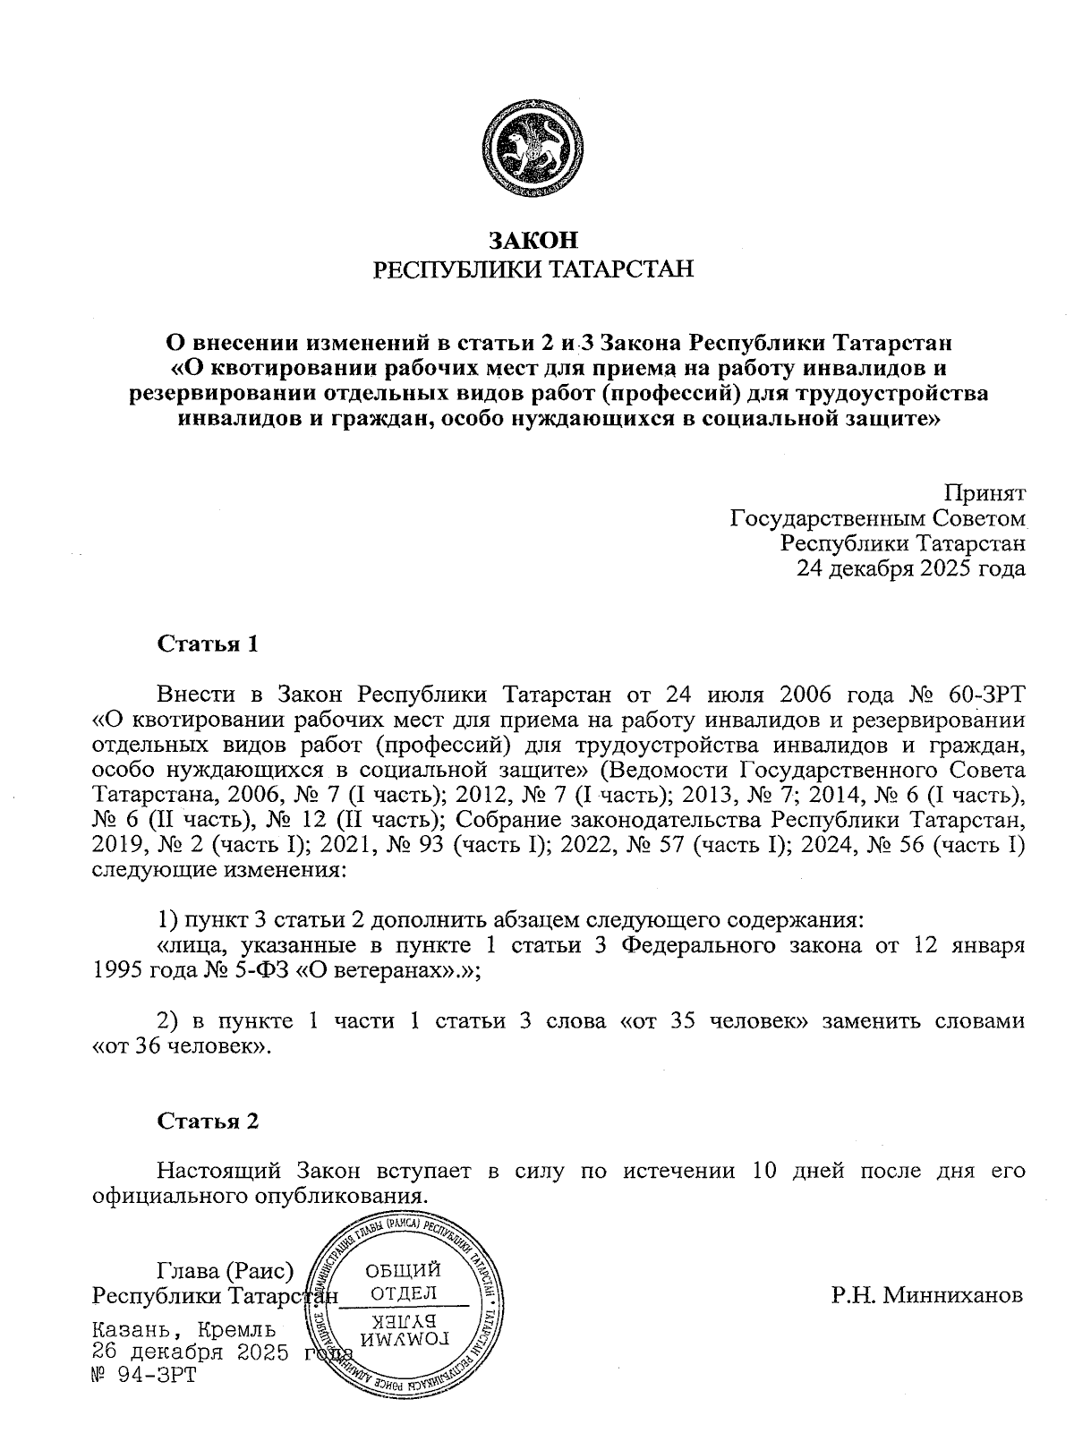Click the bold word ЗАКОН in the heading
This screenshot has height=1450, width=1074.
pyautogui.click(x=533, y=240)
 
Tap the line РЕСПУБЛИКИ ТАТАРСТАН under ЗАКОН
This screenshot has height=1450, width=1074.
pyautogui.click(x=533, y=269)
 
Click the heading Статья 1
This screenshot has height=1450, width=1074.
pyautogui.click(x=208, y=644)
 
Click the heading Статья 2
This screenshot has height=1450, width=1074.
pyautogui.click(x=208, y=1121)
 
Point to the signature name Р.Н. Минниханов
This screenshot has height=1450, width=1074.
pyautogui.click(x=926, y=1295)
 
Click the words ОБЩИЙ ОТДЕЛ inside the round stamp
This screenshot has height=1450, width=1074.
pyautogui.click(x=404, y=1281)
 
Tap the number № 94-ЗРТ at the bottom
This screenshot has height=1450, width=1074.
pyautogui.click(x=143, y=1374)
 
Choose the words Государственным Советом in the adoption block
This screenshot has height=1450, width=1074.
pyautogui.click(x=877, y=517)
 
